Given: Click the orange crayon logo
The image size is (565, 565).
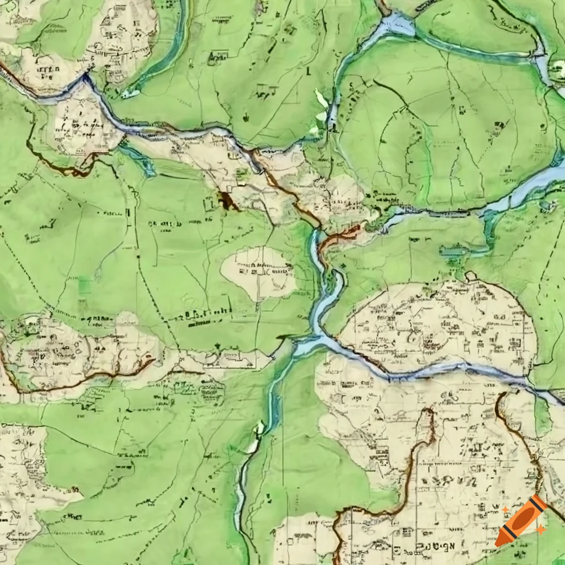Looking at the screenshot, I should point(520,521).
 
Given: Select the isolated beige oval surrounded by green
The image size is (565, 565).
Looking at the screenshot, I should point(258,272).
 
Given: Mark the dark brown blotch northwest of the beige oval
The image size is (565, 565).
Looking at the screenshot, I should point(227,201).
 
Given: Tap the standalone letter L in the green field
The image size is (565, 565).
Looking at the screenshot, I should point(308,71).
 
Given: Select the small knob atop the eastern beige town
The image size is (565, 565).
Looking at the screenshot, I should point(471,276).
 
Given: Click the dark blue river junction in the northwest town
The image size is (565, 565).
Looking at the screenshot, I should point(86,81).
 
